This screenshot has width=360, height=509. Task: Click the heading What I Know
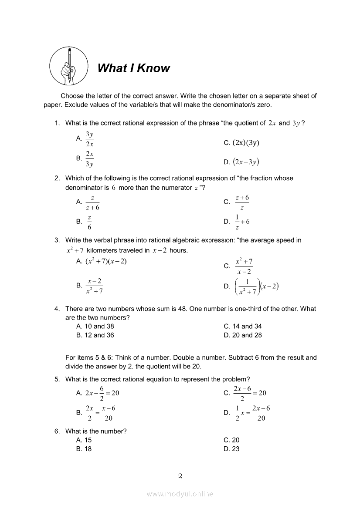pyautogui.click(x=133, y=68)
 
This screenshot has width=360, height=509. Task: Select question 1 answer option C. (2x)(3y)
pyautogui.click(x=242, y=143)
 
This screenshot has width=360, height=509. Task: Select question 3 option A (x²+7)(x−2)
pyautogui.click(x=101, y=261)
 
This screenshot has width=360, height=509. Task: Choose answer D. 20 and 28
pyautogui.click(x=243, y=335)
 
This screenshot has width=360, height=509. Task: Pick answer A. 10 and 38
pyautogui.click(x=95, y=326)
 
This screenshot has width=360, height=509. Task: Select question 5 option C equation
pyautogui.click(x=245, y=393)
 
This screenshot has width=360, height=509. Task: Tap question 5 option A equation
pyautogui.click(x=98, y=393)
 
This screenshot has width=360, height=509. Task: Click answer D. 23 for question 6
pyautogui.click(x=231, y=449)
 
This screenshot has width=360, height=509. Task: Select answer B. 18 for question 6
pyautogui.click(x=84, y=449)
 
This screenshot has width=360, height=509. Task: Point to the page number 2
pyautogui.click(x=180, y=475)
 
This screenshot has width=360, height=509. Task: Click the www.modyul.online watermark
pyautogui.click(x=180, y=494)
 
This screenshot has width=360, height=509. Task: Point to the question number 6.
pyautogui.click(x=57, y=431)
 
